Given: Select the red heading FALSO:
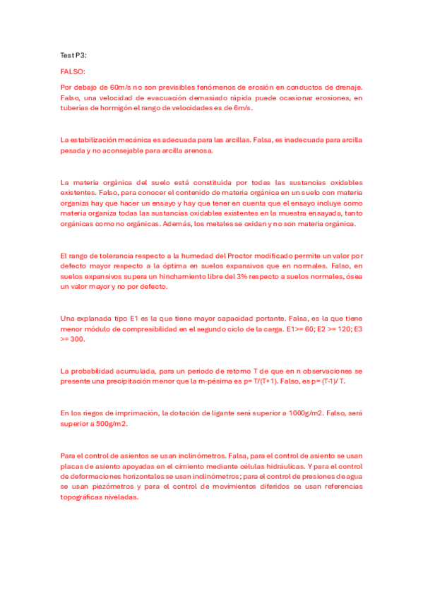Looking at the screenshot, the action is (x=73, y=71).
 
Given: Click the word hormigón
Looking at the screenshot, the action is (x=114, y=109).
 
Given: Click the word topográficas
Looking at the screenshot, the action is (x=88, y=497).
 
